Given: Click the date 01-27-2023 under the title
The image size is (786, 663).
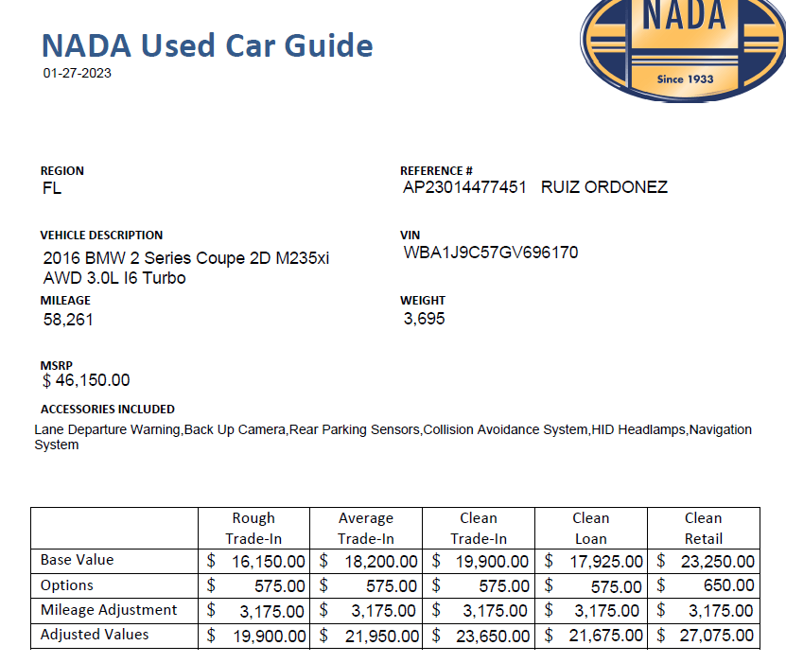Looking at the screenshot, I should coord(77,73).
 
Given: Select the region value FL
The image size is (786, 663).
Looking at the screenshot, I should coord(52,188).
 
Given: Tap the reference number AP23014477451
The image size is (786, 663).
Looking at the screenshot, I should coord(464,187).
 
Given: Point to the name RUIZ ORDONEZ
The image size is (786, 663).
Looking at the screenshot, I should coord(604,187).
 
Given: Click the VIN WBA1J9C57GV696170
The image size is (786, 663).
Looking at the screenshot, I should coord(490,253).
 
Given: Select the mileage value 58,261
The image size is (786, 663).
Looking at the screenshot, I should coord(68,320).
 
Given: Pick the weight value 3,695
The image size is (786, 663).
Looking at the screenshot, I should coord(424,319).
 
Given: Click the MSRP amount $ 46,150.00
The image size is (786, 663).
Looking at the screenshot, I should coord(86,381).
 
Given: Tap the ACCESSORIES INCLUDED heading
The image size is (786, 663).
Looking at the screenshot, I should coord(107,410).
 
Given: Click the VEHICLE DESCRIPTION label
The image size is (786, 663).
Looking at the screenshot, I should coord(101,236).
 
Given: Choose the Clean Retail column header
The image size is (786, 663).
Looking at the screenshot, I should coord(703,529).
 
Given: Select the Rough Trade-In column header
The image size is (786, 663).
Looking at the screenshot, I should coord(253,529).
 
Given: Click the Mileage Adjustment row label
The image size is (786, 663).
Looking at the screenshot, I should coord(109,610).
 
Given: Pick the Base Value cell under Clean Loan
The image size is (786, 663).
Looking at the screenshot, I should coord(591,562).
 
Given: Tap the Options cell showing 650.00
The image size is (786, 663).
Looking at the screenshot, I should coord(704,586).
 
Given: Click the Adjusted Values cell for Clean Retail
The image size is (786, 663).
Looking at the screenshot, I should coord(704,636).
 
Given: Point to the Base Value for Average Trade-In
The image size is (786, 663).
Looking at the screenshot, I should coord(366,562).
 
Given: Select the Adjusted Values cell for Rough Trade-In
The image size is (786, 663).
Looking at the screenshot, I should coord(254,636).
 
